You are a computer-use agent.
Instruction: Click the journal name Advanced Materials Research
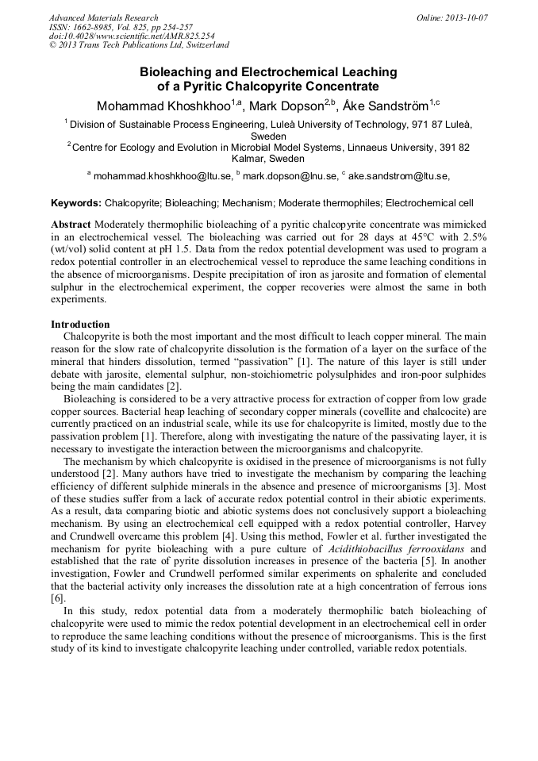tap(103, 17)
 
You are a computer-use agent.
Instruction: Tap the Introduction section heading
tap(80, 325)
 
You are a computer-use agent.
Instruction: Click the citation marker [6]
tap(57, 598)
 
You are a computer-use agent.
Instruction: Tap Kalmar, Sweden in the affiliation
tap(268, 159)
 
